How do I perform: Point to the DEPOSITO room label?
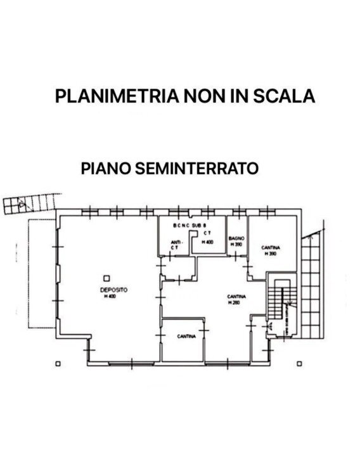point(113,289)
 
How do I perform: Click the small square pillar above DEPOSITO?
point(106,277)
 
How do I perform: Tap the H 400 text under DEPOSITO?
point(111,296)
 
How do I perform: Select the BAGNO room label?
point(236,238)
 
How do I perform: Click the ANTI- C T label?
point(174,244)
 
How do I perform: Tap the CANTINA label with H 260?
point(237,296)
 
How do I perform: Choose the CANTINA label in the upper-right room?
point(271,248)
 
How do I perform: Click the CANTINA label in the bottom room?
point(186,336)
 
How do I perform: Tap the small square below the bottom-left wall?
point(58,364)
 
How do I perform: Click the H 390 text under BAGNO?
point(236,244)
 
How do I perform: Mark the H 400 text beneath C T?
point(207,242)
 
